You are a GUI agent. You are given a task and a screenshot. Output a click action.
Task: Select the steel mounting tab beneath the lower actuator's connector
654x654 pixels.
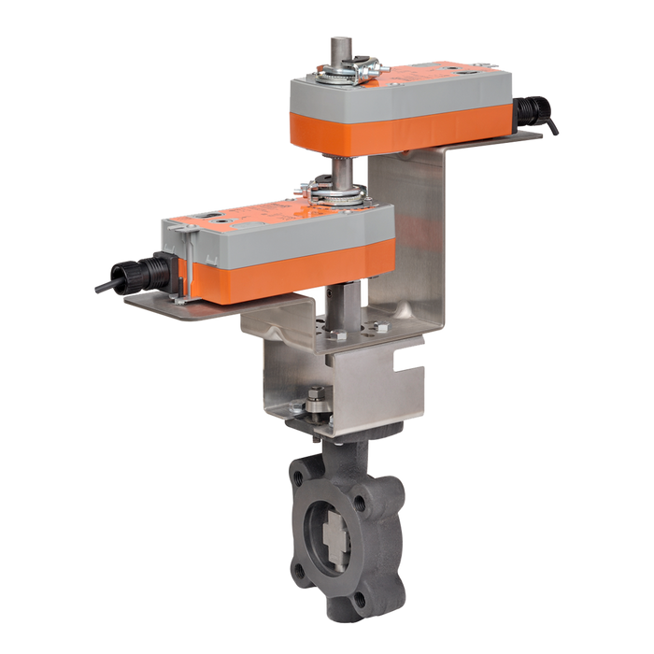(x=159, y=304)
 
